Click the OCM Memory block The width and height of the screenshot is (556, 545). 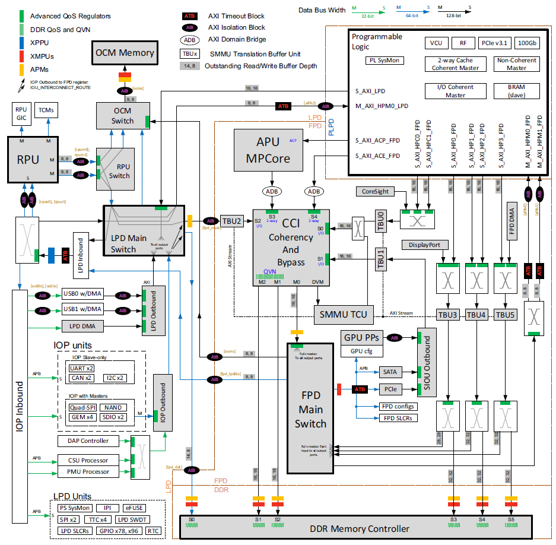[x=124, y=53]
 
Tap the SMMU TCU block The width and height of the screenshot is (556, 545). [x=343, y=314]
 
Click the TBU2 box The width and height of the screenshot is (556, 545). [x=232, y=220]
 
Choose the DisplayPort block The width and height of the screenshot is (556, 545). [x=424, y=245]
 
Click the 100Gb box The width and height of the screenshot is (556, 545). [x=528, y=43]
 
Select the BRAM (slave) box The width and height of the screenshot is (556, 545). [x=517, y=91]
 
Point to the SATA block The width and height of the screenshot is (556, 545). [x=390, y=372]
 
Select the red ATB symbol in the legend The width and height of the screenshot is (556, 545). [x=190, y=16]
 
